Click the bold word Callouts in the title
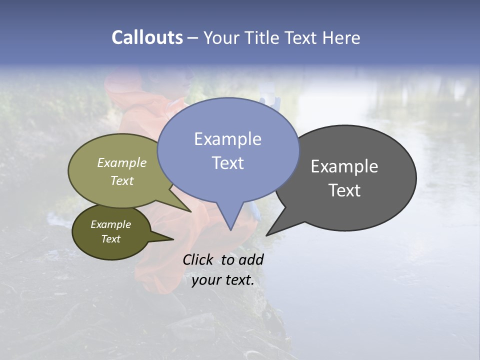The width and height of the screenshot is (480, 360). pos(147,37)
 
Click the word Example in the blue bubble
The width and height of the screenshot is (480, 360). pos(227,139)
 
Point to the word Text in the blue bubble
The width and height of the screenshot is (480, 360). pos(227,163)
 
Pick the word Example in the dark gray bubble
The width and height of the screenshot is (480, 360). pos(344,166)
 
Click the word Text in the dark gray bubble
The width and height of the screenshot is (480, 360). pos(344,190)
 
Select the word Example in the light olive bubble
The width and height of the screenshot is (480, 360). pos(122,163)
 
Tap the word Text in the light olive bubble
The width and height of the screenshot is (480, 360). pos(122,180)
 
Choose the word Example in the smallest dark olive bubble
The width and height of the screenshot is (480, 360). pos(111,224)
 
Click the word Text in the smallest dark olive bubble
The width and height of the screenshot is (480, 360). pos(111,239)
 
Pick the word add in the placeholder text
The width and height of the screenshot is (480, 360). pos(251,259)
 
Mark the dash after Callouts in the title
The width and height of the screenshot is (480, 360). pos(193,37)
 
